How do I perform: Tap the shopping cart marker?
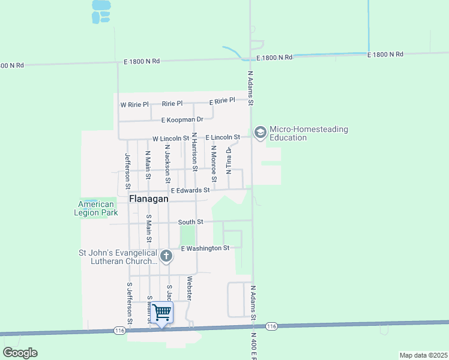tap(161, 313)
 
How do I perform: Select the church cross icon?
tap(166, 257)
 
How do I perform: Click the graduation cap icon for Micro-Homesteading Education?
tap(260, 133)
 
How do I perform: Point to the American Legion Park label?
tap(96, 208)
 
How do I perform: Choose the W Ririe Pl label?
tap(134, 104)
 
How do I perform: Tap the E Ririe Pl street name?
tap(222, 101)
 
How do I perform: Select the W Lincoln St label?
tap(170, 139)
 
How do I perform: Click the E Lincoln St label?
tap(223, 137)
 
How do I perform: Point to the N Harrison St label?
tap(194, 149)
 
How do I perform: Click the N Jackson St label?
tap(168, 163)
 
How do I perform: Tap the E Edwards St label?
tap(190, 190)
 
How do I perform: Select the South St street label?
tap(191, 222)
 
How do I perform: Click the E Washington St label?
tap(205, 248)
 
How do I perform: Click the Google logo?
tap(20, 353)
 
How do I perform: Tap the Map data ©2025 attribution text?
tap(423, 355)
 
